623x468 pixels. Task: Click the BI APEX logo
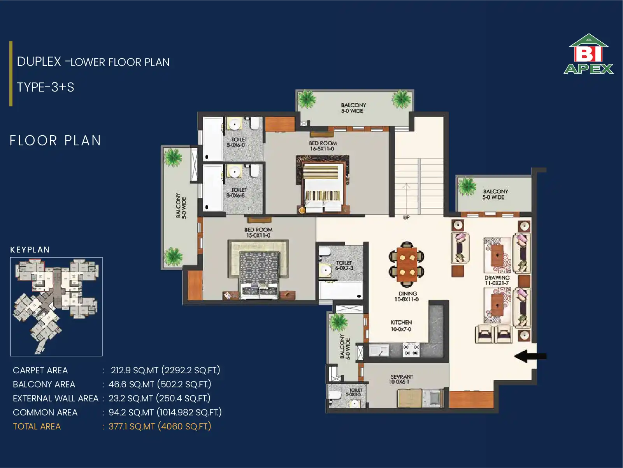click(588, 54)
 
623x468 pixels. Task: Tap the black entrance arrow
click(530, 356)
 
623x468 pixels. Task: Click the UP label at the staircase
click(406, 218)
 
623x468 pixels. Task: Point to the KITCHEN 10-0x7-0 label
click(401, 326)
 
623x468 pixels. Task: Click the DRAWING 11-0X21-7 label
click(497, 280)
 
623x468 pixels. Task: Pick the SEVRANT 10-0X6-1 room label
click(401, 379)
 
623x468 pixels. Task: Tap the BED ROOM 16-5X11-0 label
click(323, 146)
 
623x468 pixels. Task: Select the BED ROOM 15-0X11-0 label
click(258, 232)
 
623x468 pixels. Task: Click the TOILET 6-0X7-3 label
click(344, 265)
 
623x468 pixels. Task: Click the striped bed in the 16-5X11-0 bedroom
click(323, 184)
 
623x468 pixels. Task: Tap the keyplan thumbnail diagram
click(56, 306)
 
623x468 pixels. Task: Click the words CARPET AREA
click(40, 370)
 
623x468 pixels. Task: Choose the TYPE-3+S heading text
click(46, 87)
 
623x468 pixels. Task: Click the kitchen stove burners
click(411, 350)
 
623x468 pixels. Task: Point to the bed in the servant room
click(420, 399)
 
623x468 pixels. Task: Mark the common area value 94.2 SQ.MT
click(131, 412)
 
